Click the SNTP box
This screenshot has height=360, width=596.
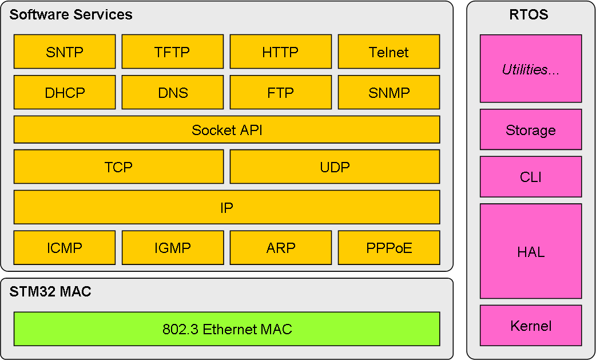65,52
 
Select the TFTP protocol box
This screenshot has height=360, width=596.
173,52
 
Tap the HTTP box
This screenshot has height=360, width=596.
280,52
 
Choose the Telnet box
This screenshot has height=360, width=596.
389,52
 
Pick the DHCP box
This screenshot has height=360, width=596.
65,92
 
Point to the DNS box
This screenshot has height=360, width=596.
173,92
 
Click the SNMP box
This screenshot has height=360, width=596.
389,92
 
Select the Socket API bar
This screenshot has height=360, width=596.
227,129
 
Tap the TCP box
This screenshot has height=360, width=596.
118,167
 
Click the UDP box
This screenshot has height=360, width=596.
335,167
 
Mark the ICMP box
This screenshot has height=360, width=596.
65,247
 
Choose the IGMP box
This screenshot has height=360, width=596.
173,247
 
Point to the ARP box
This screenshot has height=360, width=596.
280,247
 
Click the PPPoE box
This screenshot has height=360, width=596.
389,247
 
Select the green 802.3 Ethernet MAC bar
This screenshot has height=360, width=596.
227,329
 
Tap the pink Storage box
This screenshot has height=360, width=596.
531,129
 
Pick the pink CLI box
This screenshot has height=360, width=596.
531,177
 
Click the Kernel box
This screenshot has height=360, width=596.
531,326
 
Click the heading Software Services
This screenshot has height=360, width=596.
71,14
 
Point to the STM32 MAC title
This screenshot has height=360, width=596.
50,291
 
